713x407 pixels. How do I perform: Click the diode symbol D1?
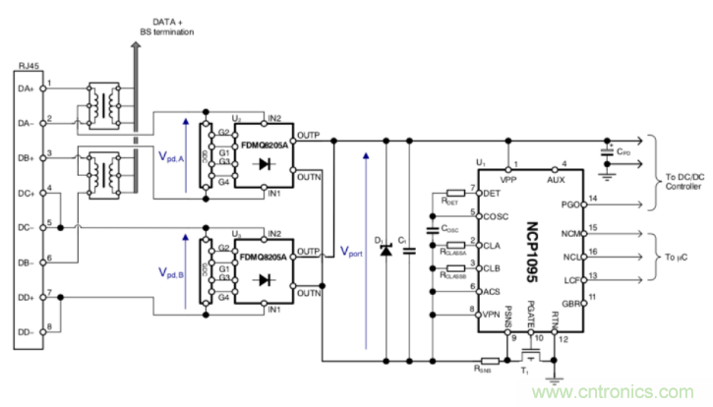tap(385, 251)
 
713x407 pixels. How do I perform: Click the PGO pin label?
tap(568, 205)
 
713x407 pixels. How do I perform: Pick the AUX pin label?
tap(563, 179)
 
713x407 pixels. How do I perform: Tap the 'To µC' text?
tap(683, 258)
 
